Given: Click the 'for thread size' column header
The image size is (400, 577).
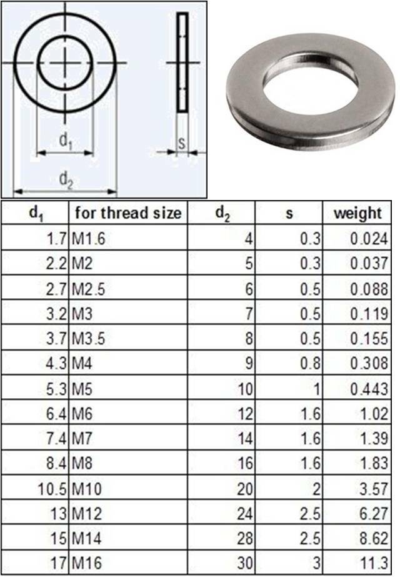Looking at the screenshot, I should [128, 213].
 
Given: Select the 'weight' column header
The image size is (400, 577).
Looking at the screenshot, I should [357, 213].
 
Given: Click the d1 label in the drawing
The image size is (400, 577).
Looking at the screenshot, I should [66, 141].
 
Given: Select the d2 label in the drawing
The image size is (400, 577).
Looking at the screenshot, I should [66, 179].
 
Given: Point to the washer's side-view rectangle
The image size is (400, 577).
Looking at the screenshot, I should [182, 63].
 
